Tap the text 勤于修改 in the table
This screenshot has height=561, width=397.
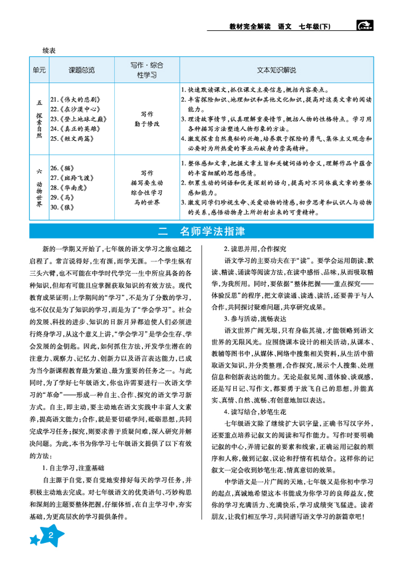[147, 123]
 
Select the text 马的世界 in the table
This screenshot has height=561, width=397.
[147, 201]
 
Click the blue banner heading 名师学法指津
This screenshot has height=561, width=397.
[212, 232]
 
